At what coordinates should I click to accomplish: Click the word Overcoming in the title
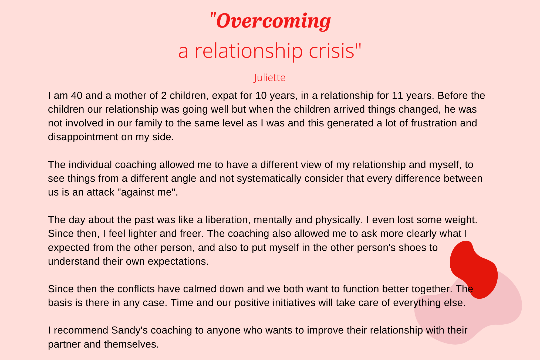tap(274, 21)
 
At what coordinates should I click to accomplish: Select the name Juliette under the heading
tap(270, 78)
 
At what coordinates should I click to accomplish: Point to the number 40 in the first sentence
tap(77, 95)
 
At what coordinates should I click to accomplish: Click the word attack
tap(100, 192)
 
